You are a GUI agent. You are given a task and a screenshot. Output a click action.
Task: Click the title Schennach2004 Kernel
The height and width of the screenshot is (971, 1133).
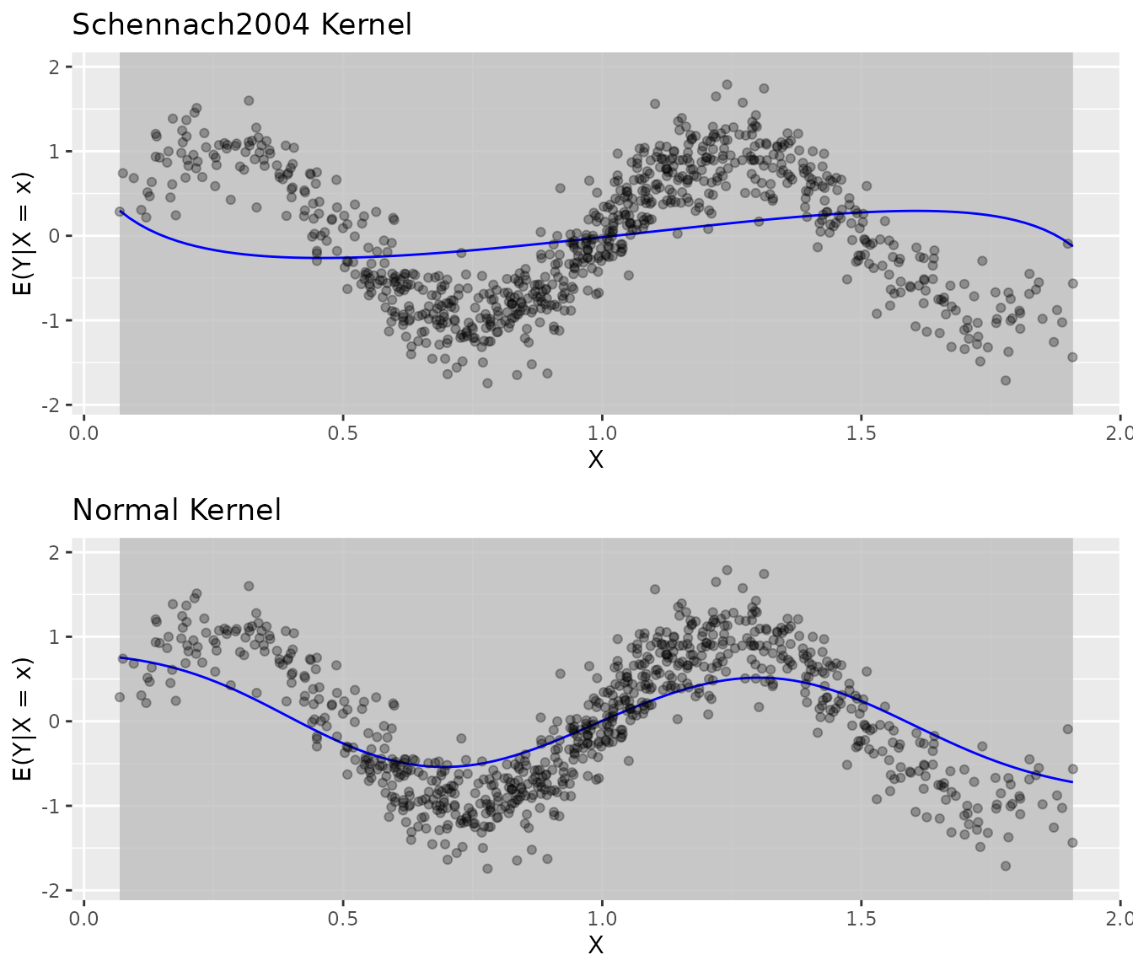(x=242, y=24)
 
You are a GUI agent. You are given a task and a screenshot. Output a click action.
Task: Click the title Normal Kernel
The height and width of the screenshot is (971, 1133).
(x=176, y=510)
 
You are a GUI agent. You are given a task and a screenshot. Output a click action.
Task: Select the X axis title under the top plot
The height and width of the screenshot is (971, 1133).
(x=596, y=459)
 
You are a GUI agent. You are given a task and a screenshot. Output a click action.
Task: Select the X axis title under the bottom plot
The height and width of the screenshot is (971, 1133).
(x=596, y=945)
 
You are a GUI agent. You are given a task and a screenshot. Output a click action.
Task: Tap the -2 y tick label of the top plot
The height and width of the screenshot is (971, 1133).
(x=51, y=405)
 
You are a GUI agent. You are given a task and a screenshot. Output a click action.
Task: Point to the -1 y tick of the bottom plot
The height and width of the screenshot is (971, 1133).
(x=51, y=806)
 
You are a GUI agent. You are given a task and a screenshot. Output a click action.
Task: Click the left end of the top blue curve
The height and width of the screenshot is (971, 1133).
(x=121, y=212)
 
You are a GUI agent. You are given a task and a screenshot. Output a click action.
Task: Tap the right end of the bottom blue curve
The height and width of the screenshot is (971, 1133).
(x=1072, y=782)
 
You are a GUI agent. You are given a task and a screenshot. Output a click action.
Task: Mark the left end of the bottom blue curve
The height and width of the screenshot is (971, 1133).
(x=121, y=657)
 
